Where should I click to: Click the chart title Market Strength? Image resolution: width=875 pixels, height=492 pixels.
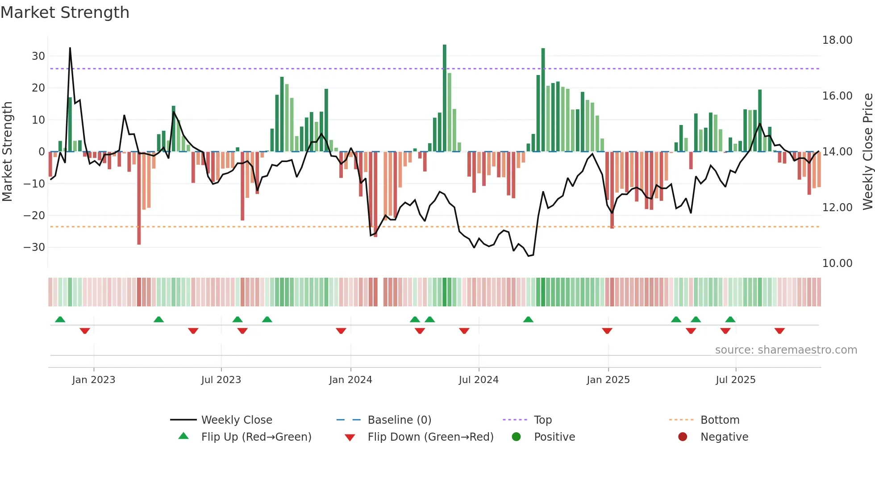[65, 13]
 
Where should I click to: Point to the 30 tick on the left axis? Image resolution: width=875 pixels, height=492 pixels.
[38, 56]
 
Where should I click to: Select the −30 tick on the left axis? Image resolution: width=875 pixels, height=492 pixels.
[34, 247]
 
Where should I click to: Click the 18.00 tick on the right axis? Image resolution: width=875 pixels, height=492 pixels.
[837, 40]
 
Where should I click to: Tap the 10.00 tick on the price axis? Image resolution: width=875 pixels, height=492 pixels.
[837, 263]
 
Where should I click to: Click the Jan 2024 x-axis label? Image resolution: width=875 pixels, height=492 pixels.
[350, 380]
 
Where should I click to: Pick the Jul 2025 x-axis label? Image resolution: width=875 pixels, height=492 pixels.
[735, 380]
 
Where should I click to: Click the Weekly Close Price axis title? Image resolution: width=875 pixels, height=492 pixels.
[867, 152]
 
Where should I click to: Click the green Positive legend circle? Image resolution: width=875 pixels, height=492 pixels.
[517, 437]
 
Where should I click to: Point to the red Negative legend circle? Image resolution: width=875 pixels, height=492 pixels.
[683, 437]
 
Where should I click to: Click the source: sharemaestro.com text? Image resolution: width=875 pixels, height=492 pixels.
[786, 350]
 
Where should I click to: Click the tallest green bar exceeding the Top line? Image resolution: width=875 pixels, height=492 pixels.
[445, 98]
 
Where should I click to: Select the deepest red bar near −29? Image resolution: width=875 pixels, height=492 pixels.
[139, 199]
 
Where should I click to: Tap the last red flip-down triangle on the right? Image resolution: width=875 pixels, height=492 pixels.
[779, 331]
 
